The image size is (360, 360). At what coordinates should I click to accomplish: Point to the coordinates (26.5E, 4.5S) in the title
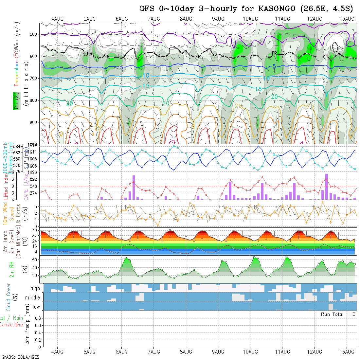(326, 9)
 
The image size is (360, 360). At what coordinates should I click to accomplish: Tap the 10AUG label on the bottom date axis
(250, 352)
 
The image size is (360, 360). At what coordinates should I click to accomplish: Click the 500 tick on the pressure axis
(35, 34)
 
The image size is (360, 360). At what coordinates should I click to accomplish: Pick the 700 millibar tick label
(35, 78)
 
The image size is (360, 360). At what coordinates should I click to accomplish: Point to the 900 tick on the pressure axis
(35, 122)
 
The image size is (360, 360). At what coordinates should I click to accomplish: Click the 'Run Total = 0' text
(338, 314)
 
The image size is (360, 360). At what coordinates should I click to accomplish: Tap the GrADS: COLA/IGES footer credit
(20, 357)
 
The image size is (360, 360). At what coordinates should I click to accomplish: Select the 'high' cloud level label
(35, 288)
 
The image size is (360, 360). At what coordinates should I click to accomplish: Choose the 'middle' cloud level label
(33, 298)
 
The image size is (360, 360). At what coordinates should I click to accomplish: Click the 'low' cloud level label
(36, 307)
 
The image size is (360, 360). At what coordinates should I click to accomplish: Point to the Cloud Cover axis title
(9, 297)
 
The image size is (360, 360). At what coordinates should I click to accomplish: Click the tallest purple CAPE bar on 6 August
(134, 187)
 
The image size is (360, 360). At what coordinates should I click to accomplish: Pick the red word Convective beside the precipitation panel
(11, 325)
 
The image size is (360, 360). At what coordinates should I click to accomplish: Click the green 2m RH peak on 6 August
(126, 259)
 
